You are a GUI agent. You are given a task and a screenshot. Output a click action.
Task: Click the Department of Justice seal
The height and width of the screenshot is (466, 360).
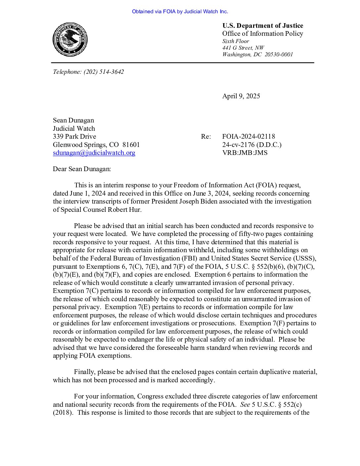[70, 39]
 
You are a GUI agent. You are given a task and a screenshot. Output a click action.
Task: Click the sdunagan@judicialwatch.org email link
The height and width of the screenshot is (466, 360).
[94, 153]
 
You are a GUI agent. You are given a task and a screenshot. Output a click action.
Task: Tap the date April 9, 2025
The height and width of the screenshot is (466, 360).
[241, 96]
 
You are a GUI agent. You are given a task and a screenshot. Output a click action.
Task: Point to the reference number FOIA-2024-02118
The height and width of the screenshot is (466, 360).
[248, 136]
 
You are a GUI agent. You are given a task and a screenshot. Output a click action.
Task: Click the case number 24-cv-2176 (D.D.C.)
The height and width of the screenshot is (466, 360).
[252, 145]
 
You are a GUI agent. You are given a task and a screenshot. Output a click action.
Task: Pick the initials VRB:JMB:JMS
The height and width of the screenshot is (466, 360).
[245, 153]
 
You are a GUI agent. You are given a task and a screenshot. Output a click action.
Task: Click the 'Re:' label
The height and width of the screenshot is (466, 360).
[205, 136]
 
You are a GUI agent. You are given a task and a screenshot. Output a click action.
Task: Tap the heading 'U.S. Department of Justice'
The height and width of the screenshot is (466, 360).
[263, 26]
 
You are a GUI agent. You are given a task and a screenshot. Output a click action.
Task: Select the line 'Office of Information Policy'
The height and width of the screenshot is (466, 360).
[263, 34]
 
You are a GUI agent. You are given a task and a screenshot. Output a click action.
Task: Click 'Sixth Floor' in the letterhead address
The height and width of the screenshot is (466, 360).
[236, 41]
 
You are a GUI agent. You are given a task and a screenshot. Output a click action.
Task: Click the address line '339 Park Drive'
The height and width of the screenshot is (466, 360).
[74, 136]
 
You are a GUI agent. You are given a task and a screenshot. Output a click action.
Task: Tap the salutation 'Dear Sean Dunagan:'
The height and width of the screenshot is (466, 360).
[82, 169]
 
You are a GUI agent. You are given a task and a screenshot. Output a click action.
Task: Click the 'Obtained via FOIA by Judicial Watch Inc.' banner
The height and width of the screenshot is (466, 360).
[180, 12]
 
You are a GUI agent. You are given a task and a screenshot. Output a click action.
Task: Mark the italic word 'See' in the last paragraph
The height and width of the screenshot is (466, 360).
[245, 404]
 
